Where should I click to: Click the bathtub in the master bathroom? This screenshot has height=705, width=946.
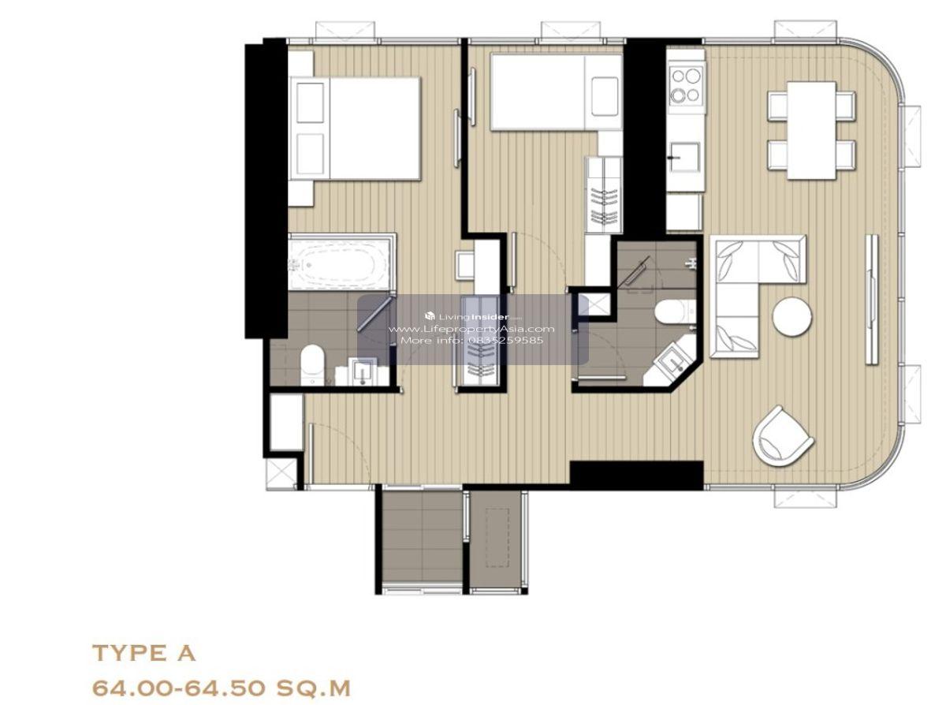pos(341,262)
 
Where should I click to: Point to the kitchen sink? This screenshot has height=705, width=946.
pos(685,158)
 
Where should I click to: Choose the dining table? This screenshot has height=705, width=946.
pos(811,130)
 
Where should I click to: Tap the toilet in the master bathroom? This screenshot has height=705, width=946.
pos(312,364)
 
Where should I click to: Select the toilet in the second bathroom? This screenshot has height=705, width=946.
pos(673,311)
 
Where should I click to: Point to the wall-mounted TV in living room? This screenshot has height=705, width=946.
pos(872,299)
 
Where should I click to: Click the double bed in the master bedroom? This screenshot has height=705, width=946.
pos(355,129)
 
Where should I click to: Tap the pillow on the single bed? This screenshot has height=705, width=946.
pos(605,96)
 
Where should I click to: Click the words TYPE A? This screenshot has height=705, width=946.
pos(144,654)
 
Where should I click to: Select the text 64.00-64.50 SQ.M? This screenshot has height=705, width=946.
pos(222,688)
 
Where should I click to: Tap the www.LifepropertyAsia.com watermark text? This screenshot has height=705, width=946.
pos(471,329)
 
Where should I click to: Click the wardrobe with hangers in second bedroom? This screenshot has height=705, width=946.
pos(603,195)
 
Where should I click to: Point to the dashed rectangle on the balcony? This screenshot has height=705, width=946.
pos(497,537)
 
